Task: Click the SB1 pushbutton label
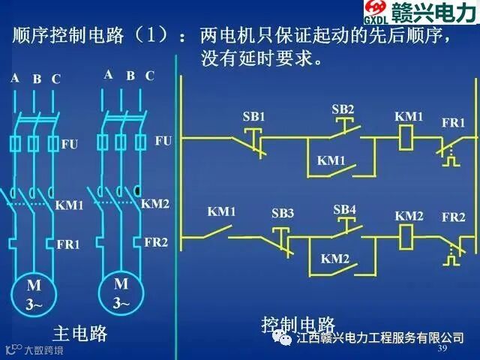tap(253, 117)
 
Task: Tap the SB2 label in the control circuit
tap(343, 109)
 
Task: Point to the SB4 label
tap(345, 208)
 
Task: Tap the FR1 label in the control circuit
tap(453, 122)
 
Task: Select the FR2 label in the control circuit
tap(453, 217)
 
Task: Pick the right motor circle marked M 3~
tap(121, 293)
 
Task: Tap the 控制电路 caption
tap(298, 324)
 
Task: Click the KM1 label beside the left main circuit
tap(70, 205)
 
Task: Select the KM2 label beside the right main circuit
tap(155, 203)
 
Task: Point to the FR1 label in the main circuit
tap(68, 244)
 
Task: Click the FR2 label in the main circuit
tap(156, 242)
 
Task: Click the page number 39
tap(442, 349)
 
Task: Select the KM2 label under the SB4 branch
tap(335, 259)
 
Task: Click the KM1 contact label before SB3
tap(221, 212)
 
